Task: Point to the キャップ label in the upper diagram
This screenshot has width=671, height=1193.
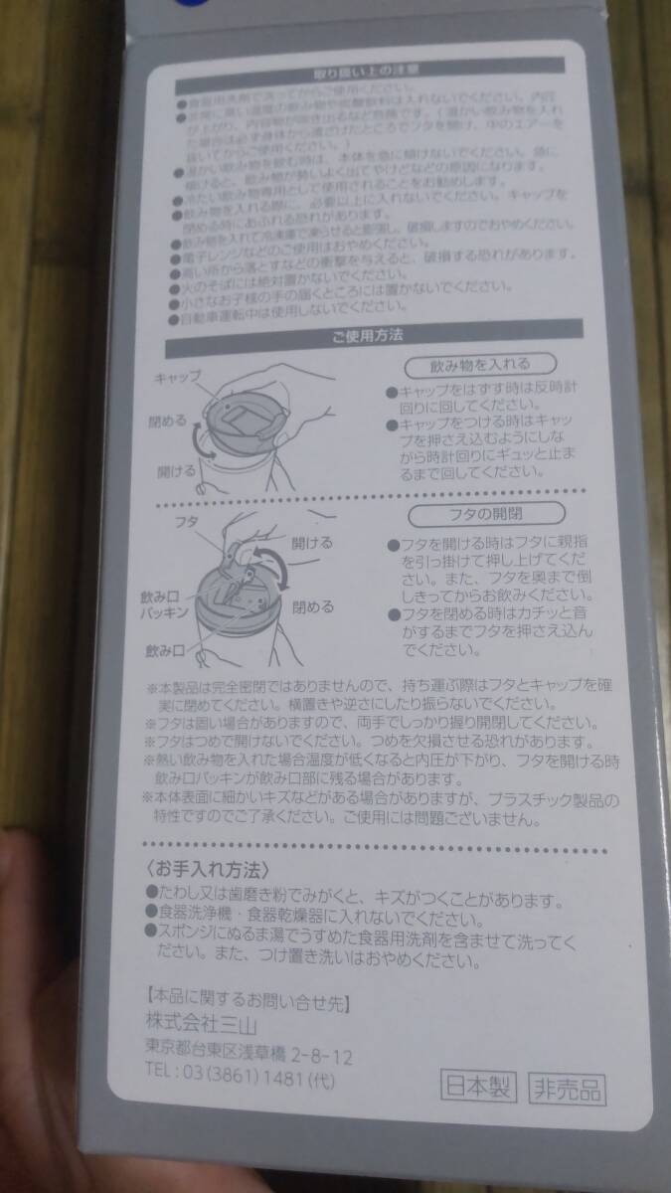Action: click(179, 378)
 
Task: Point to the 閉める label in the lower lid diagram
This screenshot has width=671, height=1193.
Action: click(313, 605)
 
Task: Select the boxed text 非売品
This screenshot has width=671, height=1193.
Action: click(567, 1089)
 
